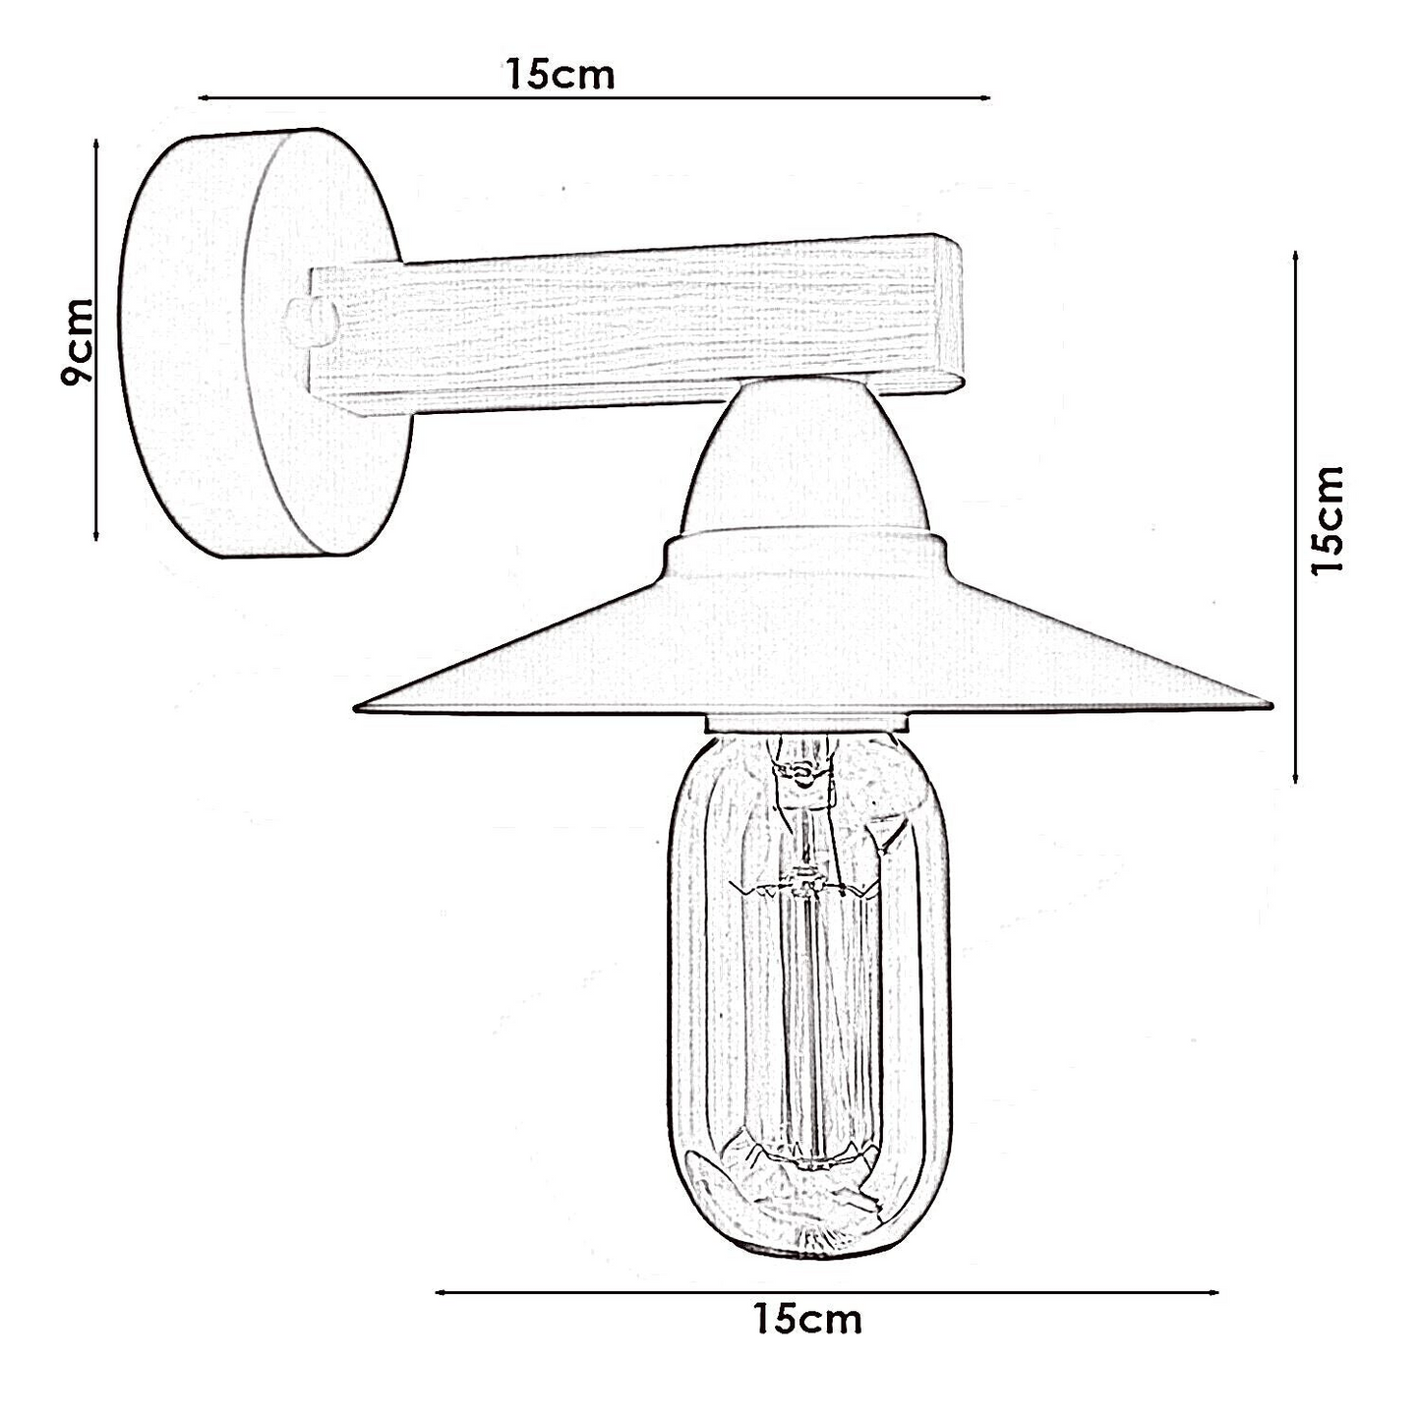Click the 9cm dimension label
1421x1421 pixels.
(78, 342)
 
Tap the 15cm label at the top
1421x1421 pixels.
(560, 75)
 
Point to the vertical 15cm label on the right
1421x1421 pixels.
(1329, 519)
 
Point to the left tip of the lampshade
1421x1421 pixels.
(355, 709)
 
